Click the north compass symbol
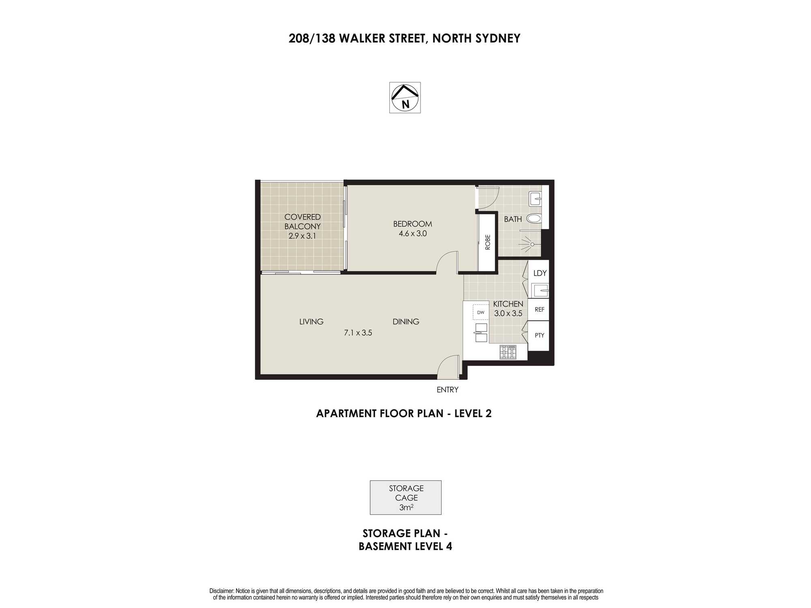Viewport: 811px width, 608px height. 405,98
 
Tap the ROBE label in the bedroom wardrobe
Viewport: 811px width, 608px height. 488,242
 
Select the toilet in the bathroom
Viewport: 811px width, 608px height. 534,219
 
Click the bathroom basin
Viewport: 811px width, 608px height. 535,199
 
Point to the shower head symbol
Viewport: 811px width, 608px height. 531,244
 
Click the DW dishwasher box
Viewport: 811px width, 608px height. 481,312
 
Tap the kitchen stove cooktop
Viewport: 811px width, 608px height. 508,352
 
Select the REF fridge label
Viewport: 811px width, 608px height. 539,310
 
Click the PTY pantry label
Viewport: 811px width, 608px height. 539,335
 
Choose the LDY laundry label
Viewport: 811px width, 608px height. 540,273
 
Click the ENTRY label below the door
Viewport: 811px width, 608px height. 447,390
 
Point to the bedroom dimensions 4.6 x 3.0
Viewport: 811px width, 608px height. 413,233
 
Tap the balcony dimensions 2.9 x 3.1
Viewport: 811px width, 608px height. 302,235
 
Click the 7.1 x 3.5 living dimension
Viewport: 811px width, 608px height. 358,333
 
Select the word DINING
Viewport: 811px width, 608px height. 406,322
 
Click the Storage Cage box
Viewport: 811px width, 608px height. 405,498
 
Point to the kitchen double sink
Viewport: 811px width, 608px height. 481,333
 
